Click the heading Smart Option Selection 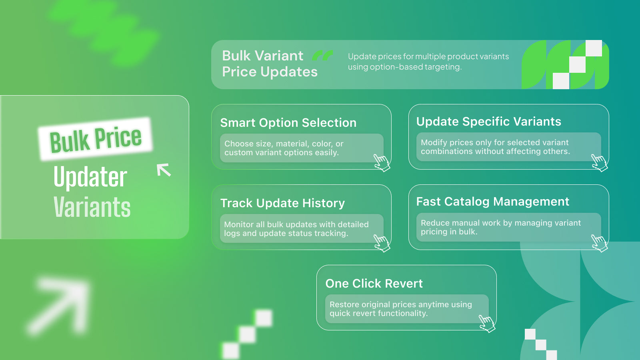pyautogui.click(x=288, y=123)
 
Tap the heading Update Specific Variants pyautogui.click(x=488, y=122)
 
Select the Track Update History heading pyautogui.click(x=282, y=203)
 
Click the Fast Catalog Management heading pyautogui.click(x=492, y=202)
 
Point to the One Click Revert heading pyautogui.click(x=374, y=284)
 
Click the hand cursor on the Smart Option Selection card pyautogui.click(x=382, y=163)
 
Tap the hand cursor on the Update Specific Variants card pyautogui.click(x=599, y=163)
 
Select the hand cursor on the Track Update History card pyautogui.click(x=382, y=243)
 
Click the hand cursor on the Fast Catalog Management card pyautogui.click(x=599, y=243)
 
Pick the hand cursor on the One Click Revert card pyautogui.click(x=487, y=324)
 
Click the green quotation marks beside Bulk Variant pyautogui.click(x=322, y=56)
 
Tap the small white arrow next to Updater pyautogui.click(x=164, y=170)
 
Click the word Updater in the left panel pyautogui.click(x=90, y=177)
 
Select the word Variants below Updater pyautogui.click(x=92, y=207)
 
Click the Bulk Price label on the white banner pyautogui.click(x=96, y=140)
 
